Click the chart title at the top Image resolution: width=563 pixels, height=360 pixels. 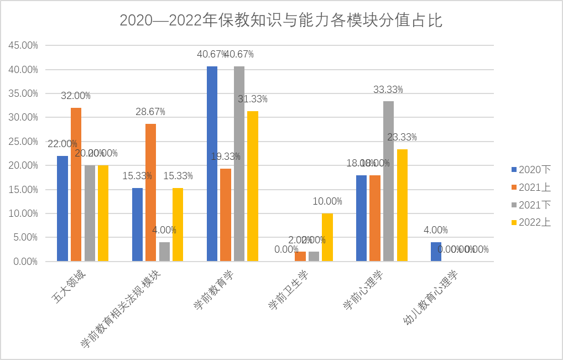[x=281, y=20]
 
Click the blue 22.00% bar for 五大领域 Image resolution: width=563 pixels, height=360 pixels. [x=62, y=208]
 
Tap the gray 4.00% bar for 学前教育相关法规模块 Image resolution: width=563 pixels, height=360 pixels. [x=164, y=252]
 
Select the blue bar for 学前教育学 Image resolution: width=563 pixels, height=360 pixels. [x=212, y=164]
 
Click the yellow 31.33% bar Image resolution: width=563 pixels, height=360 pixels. [x=253, y=186]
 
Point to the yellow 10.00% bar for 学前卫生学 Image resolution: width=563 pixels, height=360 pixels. [x=327, y=237]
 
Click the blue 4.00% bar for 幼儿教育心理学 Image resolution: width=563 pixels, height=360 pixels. [x=436, y=252]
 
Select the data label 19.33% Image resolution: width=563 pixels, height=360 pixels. [x=226, y=156]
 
